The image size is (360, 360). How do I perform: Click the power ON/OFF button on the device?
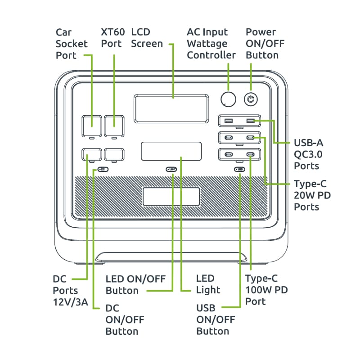point(250,99)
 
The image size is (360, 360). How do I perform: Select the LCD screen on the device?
point(171,109)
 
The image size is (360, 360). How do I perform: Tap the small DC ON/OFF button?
point(103,170)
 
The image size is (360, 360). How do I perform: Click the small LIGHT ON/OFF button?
point(172,170)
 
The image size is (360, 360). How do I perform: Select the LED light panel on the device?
point(171,151)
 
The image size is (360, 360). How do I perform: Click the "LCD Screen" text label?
point(147,38)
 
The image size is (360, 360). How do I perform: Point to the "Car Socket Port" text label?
point(66,44)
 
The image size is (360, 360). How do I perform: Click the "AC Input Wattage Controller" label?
point(211,44)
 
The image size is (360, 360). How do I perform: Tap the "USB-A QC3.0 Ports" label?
point(309,154)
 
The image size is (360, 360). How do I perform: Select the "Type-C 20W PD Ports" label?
point(310,195)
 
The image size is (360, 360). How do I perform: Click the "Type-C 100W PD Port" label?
point(266,290)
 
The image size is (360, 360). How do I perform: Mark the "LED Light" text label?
point(208,284)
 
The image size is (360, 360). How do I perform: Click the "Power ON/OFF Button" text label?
point(265,44)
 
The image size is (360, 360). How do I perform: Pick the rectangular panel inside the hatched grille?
point(171,197)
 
